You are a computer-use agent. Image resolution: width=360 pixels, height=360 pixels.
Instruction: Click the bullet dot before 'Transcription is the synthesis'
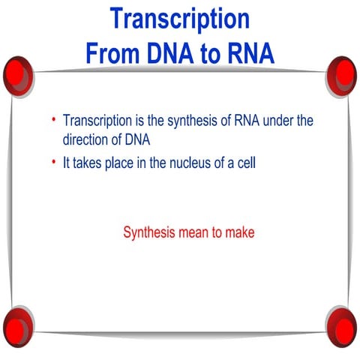point(53,121)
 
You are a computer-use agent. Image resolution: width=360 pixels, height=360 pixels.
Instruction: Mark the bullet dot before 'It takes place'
point(53,162)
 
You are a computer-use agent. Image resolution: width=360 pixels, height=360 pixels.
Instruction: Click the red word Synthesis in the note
point(149,232)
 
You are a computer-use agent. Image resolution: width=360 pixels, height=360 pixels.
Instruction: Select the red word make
point(240,232)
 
